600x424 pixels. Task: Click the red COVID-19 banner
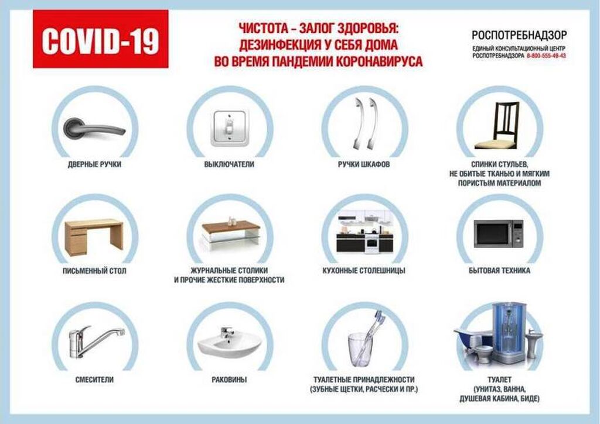click(x=101, y=39)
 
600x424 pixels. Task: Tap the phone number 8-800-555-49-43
click(x=546, y=56)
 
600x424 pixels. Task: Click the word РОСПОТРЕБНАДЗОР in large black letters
click(x=519, y=35)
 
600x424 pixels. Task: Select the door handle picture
click(x=94, y=128)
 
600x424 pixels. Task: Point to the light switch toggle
click(x=230, y=127)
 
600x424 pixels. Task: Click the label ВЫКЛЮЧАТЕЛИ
click(x=229, y=164)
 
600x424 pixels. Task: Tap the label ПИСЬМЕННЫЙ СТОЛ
click(x=94, y=271)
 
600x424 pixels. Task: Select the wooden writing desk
click(x=94, y=237)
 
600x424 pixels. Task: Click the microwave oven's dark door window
click(x=492, y=233)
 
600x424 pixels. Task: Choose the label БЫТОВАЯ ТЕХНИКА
click(x=499, y=271)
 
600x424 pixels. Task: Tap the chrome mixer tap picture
click(x=96, y=341)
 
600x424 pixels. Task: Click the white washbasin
click(x=229, y=343)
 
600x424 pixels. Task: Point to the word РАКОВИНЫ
click(x=229, y=380)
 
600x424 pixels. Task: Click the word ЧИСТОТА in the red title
click(x=263, y=28)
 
